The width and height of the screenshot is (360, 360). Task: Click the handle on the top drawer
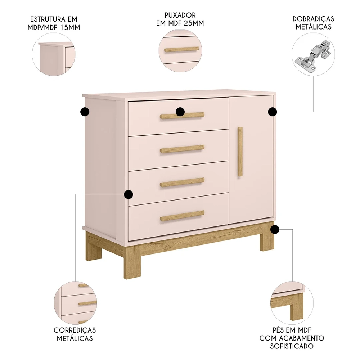[194, 115]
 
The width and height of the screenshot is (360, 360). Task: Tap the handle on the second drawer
[182, 148]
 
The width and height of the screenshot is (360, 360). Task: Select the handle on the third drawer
[182, 182]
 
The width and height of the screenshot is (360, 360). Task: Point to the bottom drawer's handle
[182, 215]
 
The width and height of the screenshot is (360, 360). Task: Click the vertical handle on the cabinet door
[240, 151]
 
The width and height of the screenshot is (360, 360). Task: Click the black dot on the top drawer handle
[180, 112]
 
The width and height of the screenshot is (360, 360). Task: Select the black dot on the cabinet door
[273, 112]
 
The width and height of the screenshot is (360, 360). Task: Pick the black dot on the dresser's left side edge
[85, 112]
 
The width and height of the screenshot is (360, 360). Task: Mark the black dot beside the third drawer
[128, 195]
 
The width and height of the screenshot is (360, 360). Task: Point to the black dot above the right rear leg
[275, 229]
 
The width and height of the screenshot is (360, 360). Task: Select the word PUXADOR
[180, 15]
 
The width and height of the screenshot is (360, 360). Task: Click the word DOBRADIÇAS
[313, 19]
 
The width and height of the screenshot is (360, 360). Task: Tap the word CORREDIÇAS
[75, 330]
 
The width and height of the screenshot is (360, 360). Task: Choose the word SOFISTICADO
[292, 346]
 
